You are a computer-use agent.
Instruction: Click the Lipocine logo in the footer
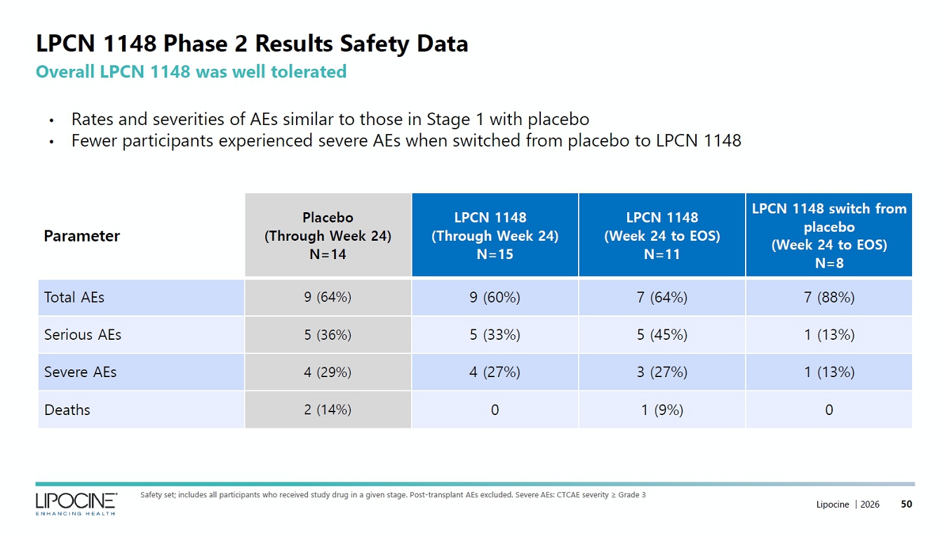[76, 504]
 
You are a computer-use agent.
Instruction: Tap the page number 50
[906, 504]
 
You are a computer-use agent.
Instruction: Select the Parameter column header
[81, 236]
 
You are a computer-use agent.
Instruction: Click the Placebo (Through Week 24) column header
[328, 235]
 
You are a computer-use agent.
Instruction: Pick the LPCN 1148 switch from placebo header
[829, 235]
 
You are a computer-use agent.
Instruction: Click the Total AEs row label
[74, 297]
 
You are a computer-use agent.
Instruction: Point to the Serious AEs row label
[83, 334]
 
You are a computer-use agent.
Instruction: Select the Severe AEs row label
[80, 371]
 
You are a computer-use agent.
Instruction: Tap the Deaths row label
[67, 409]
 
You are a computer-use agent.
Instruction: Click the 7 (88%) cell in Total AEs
[829, 297]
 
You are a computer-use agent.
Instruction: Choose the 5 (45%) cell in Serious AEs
[662, 334]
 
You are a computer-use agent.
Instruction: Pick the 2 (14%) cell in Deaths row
[328, 409]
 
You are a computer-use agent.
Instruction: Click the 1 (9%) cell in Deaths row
[662, 409]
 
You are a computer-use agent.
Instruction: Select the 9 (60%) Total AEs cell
[495, 297]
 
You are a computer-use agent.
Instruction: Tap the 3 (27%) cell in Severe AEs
[662, 371]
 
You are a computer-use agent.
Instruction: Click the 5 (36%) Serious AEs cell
[328, 334]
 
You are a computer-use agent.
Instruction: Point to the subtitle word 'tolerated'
[309, 72]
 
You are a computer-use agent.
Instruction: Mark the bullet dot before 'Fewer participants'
[52, 142]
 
